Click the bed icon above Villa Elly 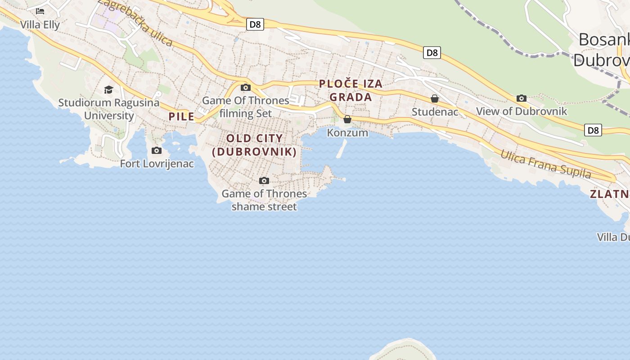[x=40, y=11]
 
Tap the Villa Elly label [x=40, y=25]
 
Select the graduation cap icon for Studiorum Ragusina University [x=108, y=90]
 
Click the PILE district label [x=181, y=117]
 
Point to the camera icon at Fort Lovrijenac [x=157, y=150]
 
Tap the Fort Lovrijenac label [x=157, y=163]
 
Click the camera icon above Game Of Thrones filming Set [x=245, y=87]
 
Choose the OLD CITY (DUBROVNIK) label [x=255, y=145]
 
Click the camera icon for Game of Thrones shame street [x=264, y=180]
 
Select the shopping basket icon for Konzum [x=347, y=119]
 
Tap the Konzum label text [x=347, y=133]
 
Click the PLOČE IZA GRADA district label [x=351, y=90]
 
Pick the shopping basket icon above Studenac [x=435, y=98]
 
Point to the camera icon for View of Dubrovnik [x=522, y=98]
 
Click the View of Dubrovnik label [x=522, y=111]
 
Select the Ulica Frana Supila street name [x=545, y=164]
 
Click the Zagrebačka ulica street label [x=135, y=22]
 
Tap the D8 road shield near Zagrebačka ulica [x=255, y=24]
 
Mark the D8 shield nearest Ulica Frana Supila [x=593, y=130]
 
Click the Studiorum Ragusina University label [x=109, y=109]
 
